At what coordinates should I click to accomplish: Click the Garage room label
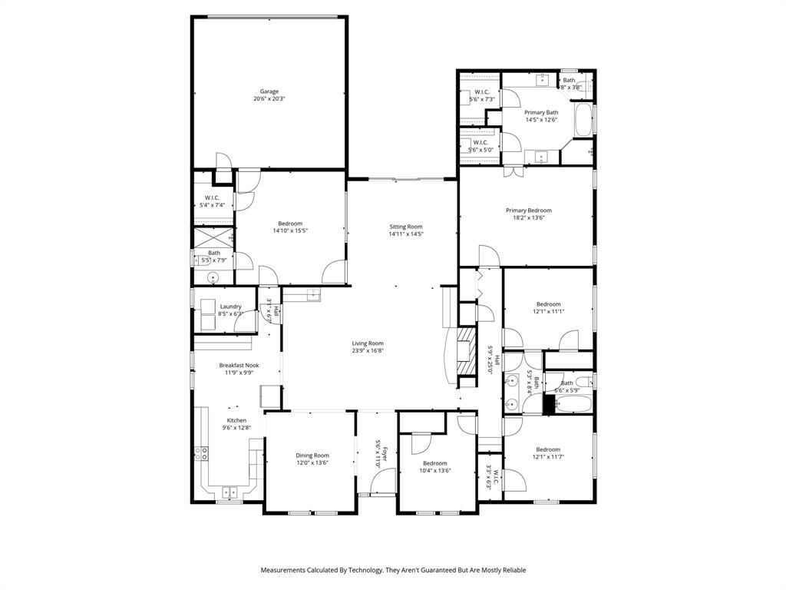(269, 91)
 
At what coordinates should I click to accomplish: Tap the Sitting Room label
(405, 227)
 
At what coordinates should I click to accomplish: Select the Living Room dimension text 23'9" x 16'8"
(368, 351)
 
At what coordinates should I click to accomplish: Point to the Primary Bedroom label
(528, 210)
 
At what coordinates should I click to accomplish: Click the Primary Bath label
(541, 112)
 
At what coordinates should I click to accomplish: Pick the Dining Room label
(312, 456)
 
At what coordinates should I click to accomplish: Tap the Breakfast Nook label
(239, 366)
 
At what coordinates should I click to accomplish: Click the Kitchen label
(236, 420)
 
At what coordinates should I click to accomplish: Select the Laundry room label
(230, 307)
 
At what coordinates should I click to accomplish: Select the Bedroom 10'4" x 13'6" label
(434, 463)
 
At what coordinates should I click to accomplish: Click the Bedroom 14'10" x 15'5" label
(290, 224)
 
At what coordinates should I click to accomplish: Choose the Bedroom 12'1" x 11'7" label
(548, 449)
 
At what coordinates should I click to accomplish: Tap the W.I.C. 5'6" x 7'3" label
(482, 92)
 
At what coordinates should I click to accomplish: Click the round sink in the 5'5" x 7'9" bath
(213, 279)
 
